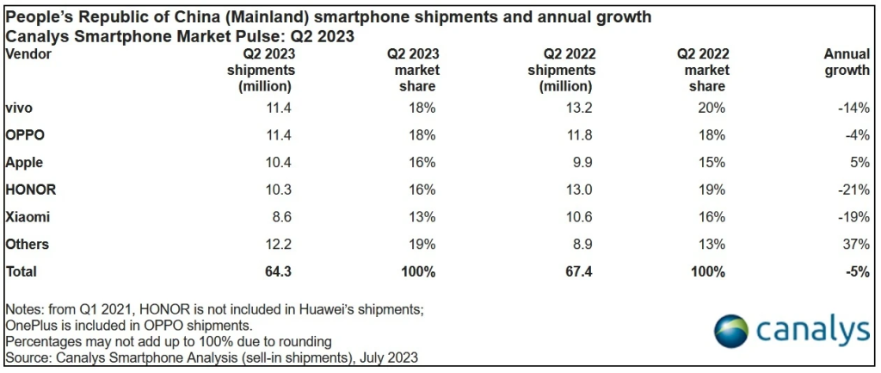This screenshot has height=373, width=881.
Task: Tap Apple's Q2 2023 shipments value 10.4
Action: click(275, 162)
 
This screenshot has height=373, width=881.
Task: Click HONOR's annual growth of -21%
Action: click(853, 189)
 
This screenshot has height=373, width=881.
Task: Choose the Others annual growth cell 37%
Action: click(855, 244)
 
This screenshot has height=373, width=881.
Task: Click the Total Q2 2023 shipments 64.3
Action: click(275, 271)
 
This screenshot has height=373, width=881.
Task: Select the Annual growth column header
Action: click(847, 62)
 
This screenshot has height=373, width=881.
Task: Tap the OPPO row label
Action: click(25, 135)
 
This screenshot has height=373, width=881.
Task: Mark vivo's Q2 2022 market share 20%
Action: click(712, 108)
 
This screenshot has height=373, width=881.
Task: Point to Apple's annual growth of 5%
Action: click(859, 162)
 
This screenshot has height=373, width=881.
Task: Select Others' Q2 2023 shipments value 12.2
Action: click(275, 244)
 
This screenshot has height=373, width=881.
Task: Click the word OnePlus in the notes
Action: click(31, 326)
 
